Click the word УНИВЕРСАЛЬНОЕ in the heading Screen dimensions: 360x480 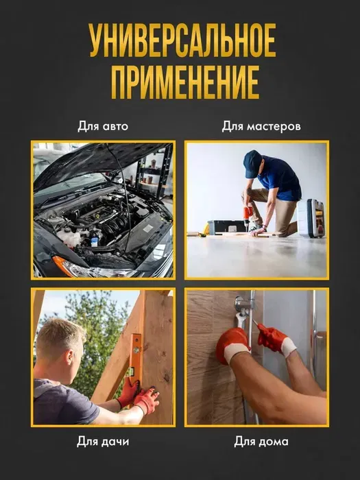pyautogui.click(x=183, y=40)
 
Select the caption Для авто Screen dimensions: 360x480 pyautogui.click(x=103, y=125)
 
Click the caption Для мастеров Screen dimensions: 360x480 pyautogui.click(x=261, y=125)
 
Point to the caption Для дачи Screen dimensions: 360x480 pyautogui.click(x=103, y=442)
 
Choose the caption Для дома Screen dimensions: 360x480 pyautogui.click(x=261, y=442)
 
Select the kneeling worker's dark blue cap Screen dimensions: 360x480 pyautogui.click(x=252, y=163)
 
